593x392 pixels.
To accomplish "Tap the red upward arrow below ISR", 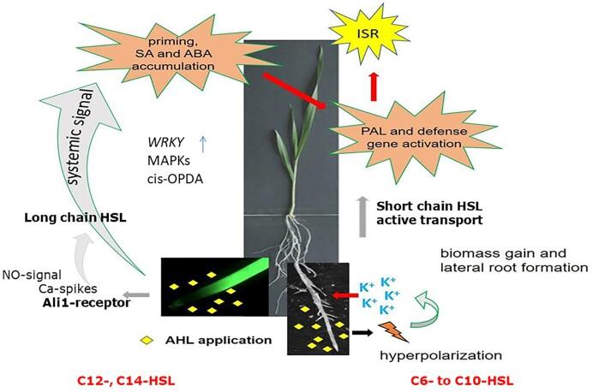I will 372,86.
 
